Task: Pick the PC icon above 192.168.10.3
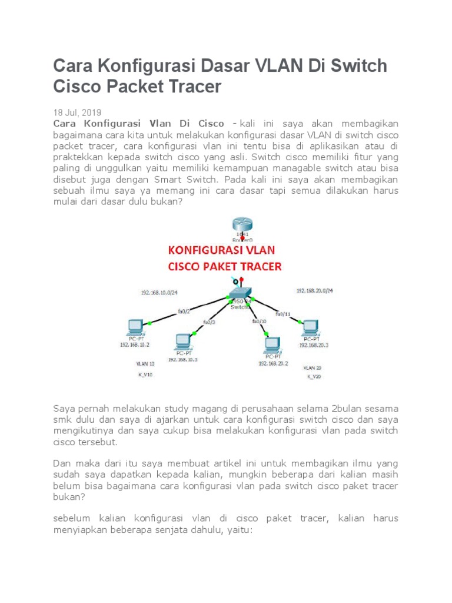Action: [x=182, y=341]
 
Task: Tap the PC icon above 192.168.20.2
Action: [x=271, y=344]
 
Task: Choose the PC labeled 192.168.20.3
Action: [x=310, y=327]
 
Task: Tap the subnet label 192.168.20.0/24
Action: [x=314, y=290]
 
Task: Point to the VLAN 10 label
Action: [x=145, y=364]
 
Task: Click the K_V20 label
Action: [x=314, y=376]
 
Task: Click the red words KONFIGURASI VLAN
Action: [x=225, y=250]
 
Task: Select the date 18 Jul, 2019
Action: [x=77, y=112]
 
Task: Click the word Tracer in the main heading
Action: [x=192, y=87]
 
